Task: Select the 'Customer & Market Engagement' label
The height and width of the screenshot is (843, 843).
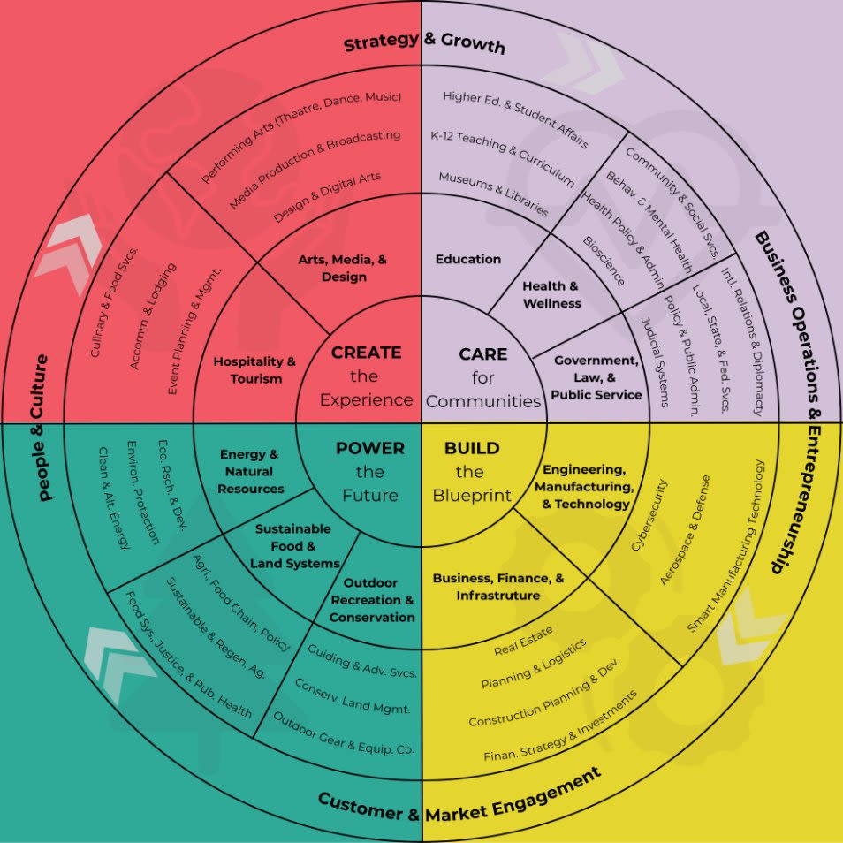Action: coord(459,795)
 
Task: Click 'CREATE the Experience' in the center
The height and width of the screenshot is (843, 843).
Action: coord(366,376)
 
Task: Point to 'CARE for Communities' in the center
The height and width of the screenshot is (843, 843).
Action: coord(483,377)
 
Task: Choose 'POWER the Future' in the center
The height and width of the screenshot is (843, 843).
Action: coord(370,471)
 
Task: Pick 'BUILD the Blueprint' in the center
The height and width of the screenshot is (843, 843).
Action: coord(472,471)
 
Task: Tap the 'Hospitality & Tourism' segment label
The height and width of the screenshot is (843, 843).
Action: coord(254,370)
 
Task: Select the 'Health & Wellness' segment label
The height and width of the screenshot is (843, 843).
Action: coord(551,294)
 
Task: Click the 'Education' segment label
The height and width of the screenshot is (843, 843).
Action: coord(468,259)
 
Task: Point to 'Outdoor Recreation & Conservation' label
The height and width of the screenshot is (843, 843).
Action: coord(372,600)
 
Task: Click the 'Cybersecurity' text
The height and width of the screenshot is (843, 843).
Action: coord(649,515)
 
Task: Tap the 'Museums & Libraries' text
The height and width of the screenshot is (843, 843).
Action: coord(493,194)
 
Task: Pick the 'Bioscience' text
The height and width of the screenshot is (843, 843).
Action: coord(604,261)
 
